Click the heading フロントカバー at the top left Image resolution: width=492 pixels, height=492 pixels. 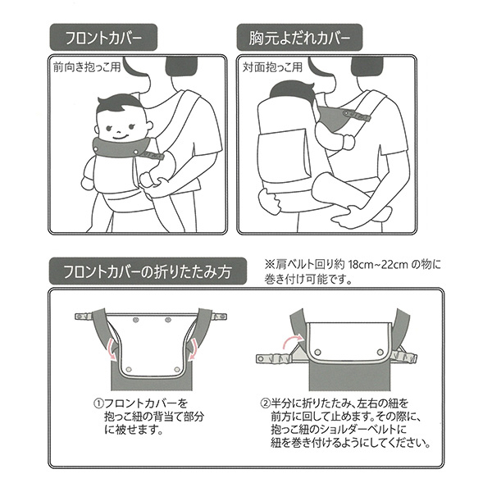click(103, 39)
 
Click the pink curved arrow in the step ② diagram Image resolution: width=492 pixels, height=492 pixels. click(290, 339)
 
